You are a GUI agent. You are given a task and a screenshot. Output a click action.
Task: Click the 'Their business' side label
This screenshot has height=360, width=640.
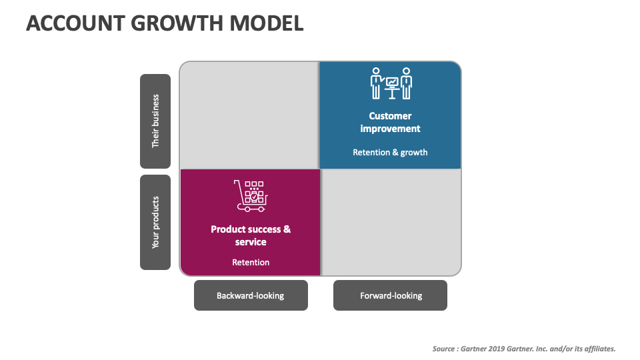pos(155,121)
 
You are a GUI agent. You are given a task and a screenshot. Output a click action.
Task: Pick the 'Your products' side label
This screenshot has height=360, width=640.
pos(155,222)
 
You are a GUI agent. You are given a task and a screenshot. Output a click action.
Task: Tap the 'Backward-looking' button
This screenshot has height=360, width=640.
pos(251,295)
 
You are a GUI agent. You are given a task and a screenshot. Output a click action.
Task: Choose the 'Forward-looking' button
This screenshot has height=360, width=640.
pos(391,295)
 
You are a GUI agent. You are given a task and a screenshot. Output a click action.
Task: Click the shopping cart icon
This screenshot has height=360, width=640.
pos(251,193)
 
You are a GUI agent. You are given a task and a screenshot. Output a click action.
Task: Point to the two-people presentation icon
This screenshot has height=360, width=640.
pos(391,83)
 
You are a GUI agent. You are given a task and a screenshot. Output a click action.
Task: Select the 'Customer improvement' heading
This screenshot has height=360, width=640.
pos(391,122)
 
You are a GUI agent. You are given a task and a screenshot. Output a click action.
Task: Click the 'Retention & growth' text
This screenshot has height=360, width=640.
pos(391,152)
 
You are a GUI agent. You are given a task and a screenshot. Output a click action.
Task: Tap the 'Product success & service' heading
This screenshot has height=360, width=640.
pos(251,235)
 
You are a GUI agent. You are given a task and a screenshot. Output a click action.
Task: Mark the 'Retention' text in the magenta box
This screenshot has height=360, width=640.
pos(251,262)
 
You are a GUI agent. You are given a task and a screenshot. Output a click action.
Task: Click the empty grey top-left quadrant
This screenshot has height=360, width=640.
pos(249,115)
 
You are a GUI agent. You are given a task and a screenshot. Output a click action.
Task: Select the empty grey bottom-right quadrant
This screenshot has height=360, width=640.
pos(391,222)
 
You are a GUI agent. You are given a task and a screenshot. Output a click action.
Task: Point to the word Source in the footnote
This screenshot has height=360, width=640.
pos(445,349)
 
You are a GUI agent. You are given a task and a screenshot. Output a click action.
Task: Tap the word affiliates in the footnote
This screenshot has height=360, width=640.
pos(598,349)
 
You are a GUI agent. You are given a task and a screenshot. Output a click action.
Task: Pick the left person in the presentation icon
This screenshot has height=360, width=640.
pos(377,83)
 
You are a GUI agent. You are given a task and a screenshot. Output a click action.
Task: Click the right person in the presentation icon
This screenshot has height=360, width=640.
pos(406,83)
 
